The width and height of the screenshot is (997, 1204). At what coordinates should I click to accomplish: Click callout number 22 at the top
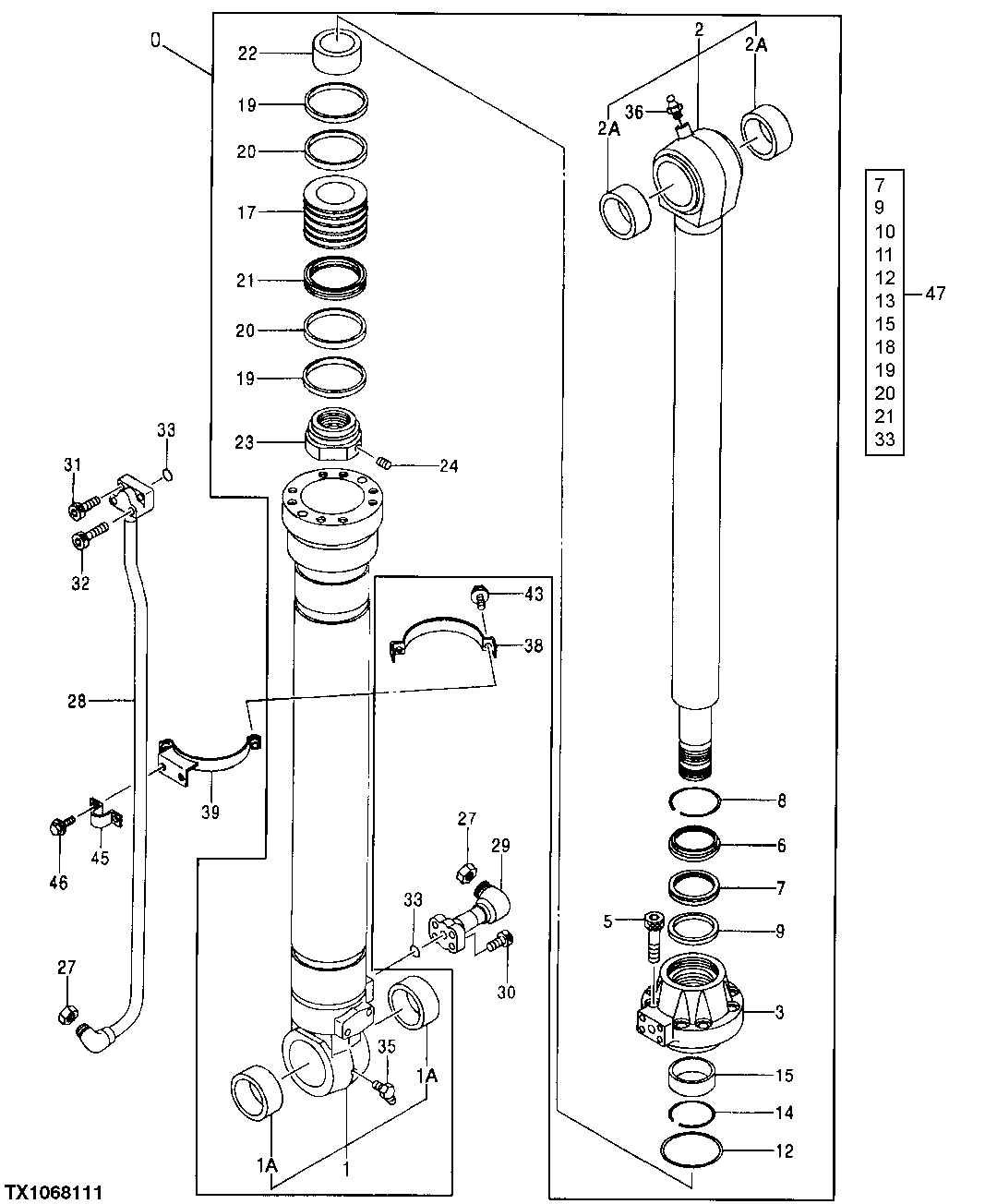(247, 54)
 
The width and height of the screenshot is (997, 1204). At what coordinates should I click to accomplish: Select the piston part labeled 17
(337, 213)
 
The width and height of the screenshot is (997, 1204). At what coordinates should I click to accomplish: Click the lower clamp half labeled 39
(205, 755)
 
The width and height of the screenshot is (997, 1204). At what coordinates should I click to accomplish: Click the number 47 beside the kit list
(935, 294)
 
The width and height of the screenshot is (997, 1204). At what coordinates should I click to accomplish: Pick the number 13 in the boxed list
(884, 301)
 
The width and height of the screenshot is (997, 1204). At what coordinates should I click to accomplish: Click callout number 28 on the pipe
(76, 702)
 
